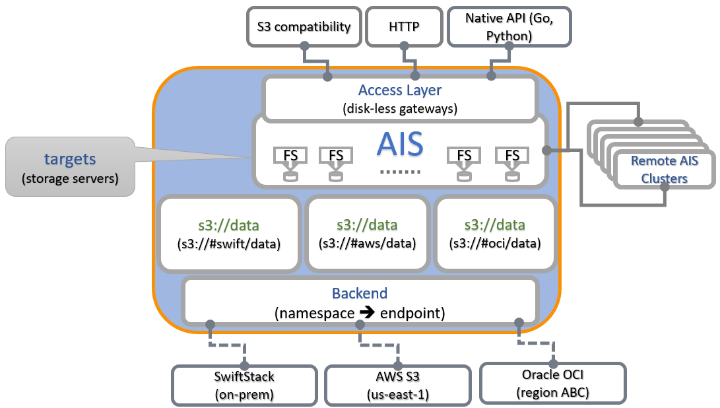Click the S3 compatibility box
[x=304, y=27]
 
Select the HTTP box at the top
[x=405, y=27]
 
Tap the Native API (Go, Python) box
[x=509, y=27]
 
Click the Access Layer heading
[x=400, y=90]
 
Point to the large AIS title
[x=399, y=145]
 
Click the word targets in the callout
[x=70, y=159]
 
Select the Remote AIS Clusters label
[x=664, y=169]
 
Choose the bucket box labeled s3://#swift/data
[x=229, y=233]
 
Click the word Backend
[x=360, y=293]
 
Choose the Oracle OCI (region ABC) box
[x=552, y=383]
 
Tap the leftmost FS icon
[x=287, y=156]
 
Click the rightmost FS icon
[x=511, y=156]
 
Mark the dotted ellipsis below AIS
[x=400, y=172]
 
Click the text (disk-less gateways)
[x=400, y=108]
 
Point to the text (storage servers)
[x=70, y=178]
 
